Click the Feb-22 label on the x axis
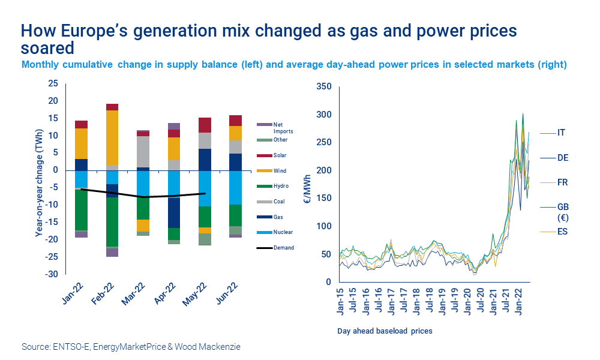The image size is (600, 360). (x=105, y=293)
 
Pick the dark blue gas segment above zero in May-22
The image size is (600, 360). (x=204, y=159)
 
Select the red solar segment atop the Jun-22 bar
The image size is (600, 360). (x=235, y=120)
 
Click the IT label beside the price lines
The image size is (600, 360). (x=561, y=132)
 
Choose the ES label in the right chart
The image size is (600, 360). (x=562, y=232)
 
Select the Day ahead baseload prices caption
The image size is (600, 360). (x=384, y=331)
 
